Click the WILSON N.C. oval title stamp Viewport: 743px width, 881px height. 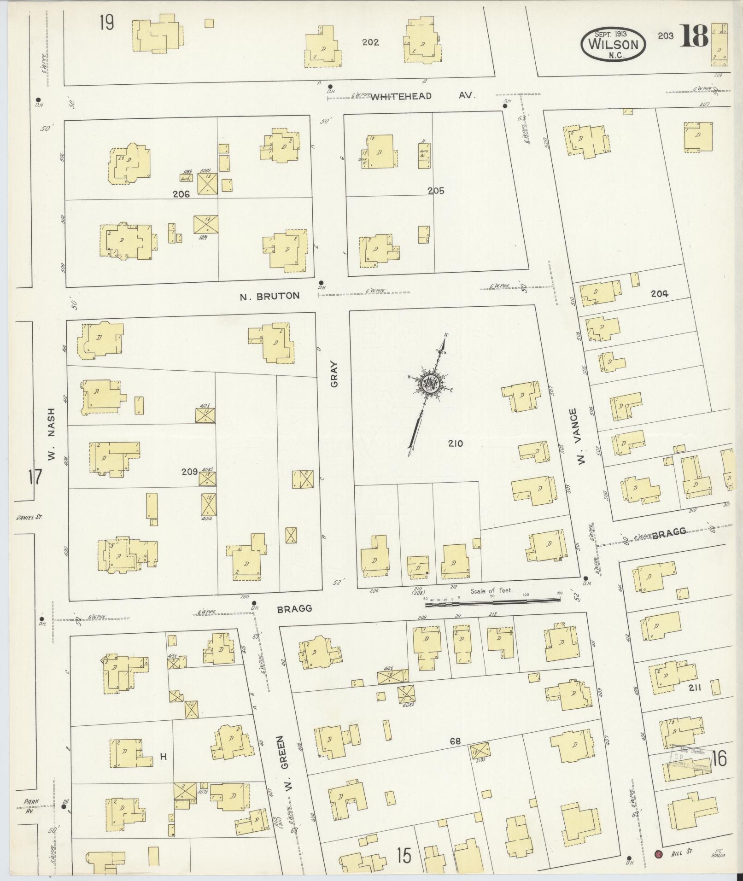(x=613, y=44)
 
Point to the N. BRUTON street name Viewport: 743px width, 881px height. (x=269, y=296)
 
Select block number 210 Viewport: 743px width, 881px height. (x=455, y=443)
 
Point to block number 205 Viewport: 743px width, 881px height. (x=435, y=191)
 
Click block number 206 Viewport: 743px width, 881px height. (x=181, y=194)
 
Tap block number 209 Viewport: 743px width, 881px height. (x=189, y=472)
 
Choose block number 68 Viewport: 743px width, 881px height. (x=455, y=741)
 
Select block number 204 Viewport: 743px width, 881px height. (x=659, y=293)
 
